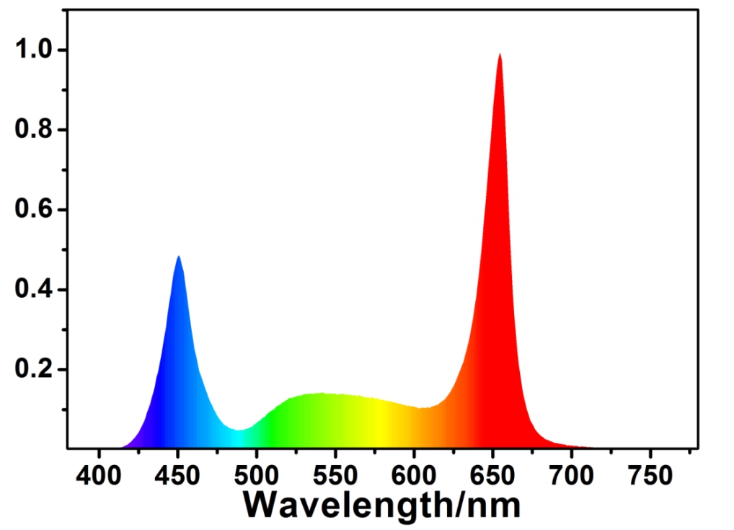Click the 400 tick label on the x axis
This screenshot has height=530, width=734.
[100, 475]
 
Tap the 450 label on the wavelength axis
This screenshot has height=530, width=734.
[178, 475]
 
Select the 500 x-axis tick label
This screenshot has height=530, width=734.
[257, 475]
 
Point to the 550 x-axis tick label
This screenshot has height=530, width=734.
[335, 475]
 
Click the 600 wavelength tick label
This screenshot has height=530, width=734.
[414, 475]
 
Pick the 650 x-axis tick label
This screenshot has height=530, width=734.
[492, 475]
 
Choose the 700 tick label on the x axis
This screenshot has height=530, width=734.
[571, 475]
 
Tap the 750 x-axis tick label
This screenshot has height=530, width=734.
[650, 475]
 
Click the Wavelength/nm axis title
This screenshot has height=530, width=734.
[381, 505]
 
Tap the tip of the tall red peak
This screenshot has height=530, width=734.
[499, 54]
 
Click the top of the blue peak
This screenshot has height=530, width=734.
[178, 257]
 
